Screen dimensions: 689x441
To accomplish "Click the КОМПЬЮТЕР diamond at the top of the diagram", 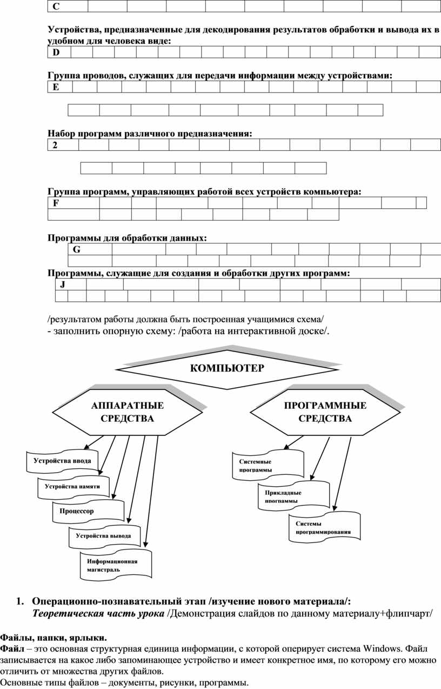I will (227, 369).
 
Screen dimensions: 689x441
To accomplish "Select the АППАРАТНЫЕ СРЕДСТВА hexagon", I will (128, 412).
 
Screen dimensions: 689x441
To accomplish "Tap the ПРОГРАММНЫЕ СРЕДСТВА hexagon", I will (325, 412).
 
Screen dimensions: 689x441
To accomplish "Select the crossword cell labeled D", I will (59, 52).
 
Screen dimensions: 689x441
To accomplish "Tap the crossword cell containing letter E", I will (61, 87).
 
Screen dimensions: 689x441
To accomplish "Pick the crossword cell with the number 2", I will (63, 145).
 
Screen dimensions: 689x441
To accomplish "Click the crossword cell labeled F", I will (73, 203).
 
